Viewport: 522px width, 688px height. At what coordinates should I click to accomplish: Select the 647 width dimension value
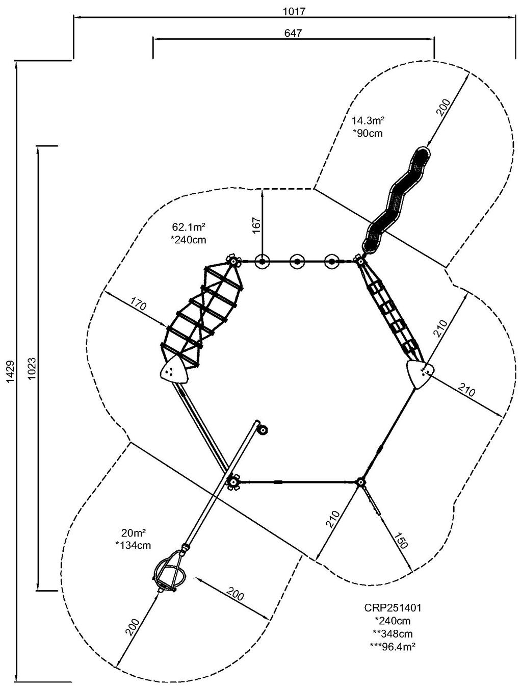click(x=293, y=33)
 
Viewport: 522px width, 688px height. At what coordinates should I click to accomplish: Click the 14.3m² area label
click(x=368, y=121)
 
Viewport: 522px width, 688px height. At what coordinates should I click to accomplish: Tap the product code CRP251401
click(x=392, y=608)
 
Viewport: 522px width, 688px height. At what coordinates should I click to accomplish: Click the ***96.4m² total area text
click(x=392, y=646)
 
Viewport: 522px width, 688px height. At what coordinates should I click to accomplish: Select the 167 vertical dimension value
click(x=256, y=225)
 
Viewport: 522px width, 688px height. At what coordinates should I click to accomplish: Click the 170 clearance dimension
click(x=138, y=307)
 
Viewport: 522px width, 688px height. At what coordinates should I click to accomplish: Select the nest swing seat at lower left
click(x=169, y=572)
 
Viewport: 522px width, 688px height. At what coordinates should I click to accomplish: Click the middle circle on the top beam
click(x=297, y=262)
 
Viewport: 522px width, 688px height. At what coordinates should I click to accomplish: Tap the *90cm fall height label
click(x=368, y=134)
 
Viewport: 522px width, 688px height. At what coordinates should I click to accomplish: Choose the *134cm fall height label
click(x=134, y=545)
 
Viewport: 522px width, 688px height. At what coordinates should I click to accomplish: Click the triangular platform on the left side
click(x=174, y=371)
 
